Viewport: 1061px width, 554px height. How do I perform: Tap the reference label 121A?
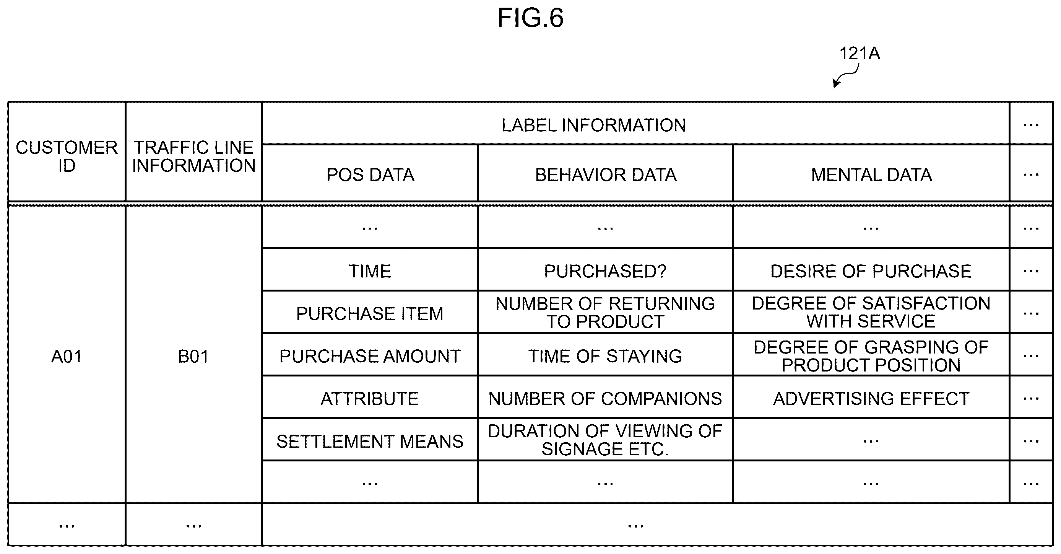(860, 54)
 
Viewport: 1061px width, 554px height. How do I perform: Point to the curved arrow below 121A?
(845, 76)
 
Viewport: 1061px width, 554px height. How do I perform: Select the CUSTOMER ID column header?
(67, 156)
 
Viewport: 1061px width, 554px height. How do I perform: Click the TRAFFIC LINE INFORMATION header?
(193, 156)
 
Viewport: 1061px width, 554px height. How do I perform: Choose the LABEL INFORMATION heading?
(593, 125)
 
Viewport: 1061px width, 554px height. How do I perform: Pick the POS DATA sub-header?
(370, 175)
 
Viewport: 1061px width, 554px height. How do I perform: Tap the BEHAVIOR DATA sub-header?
(606, 175)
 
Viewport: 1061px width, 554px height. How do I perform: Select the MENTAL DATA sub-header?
(871, 175)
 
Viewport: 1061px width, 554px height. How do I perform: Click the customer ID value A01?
(67, 357)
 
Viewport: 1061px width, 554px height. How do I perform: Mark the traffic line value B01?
(193, 357)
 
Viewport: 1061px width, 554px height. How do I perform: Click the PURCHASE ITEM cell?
(370, 314)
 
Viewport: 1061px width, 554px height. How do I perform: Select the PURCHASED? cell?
(606, 271)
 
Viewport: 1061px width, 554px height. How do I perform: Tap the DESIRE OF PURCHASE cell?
(871, 271)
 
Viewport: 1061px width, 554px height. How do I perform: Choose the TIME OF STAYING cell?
(606, 356)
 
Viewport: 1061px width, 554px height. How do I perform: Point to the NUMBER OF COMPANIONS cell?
(606, 399)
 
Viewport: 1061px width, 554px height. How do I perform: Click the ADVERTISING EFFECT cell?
(871, 399)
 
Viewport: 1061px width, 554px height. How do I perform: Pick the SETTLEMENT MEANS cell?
(370, 442)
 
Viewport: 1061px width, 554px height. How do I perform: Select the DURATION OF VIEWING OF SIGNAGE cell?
(606, 440)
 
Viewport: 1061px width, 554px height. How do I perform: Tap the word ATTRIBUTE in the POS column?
(370, 399)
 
